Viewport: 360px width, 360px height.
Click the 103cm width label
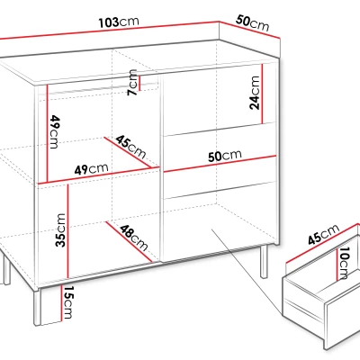click(119, 22)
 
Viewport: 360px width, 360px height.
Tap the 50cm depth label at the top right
click(252, 22)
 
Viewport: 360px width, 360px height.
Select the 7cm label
click(132, 82)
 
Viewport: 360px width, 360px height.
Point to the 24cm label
click(255, 93)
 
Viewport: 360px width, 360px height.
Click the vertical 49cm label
click(54, 131)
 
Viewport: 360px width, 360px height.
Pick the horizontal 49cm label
click(91, 169)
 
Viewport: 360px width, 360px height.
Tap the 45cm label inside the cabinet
click(131, 147)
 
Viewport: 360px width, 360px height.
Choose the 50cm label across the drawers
click(225, 156)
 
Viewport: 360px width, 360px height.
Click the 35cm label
click(60, 230)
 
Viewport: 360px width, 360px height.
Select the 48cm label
click(134, 238)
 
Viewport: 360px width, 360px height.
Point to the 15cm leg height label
click(68, 302)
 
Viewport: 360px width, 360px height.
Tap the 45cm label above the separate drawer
click(324, 234)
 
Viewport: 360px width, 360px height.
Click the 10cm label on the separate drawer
click(345, 263)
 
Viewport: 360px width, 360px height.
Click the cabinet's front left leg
click(37, 307)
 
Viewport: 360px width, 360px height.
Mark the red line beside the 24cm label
click(262, 94)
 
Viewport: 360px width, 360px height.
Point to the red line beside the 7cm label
click(139, 82)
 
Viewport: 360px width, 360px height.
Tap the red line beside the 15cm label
click(61, 303)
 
